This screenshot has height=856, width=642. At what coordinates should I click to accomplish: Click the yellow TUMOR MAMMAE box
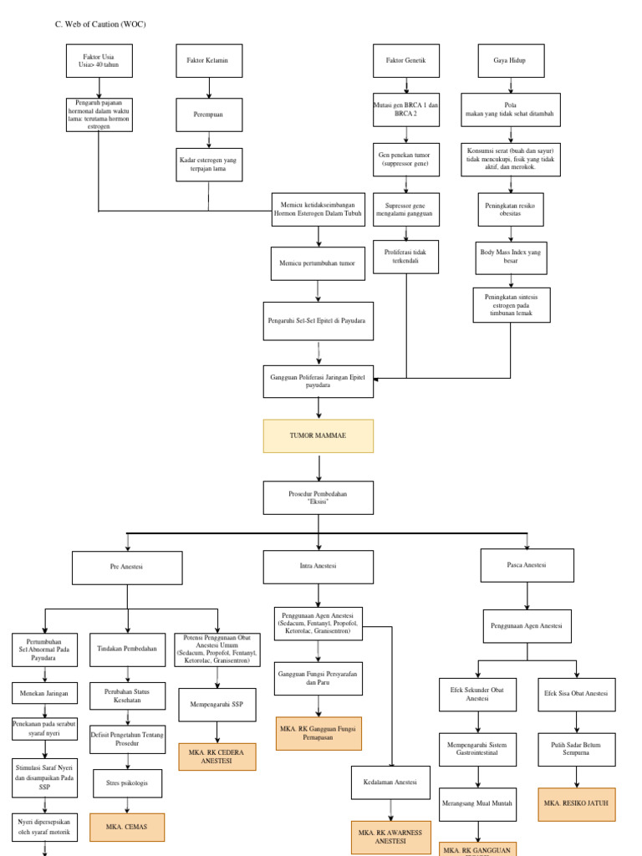pos(318,436)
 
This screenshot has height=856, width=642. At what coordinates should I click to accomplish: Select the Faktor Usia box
pos(99,60)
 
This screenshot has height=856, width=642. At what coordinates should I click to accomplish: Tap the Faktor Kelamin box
pos(208,60)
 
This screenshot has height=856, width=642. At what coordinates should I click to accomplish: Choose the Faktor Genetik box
pos(405,61)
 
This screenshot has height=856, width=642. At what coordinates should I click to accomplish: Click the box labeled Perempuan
pos(208,115)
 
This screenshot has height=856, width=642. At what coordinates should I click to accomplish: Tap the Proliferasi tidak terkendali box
pos(405,256)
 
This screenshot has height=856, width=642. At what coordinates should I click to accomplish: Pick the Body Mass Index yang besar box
pos(511,256)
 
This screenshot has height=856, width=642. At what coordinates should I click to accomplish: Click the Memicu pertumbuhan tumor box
pos(318,262)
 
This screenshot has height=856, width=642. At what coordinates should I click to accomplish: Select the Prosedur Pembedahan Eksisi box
pos(318,497)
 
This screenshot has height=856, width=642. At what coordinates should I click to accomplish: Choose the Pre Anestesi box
pos(127,567)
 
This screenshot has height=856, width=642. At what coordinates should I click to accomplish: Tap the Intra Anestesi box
pos(318,566)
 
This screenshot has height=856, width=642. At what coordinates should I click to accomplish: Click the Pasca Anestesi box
pos(527,565)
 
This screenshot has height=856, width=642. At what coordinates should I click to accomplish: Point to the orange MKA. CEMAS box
pos(127,827)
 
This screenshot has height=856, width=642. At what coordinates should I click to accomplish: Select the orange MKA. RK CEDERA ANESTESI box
pos(217,757)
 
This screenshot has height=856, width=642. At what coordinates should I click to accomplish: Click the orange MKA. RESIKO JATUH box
pos(577,804)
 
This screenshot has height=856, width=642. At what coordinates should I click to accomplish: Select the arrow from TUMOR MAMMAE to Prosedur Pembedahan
pos(318,466)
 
